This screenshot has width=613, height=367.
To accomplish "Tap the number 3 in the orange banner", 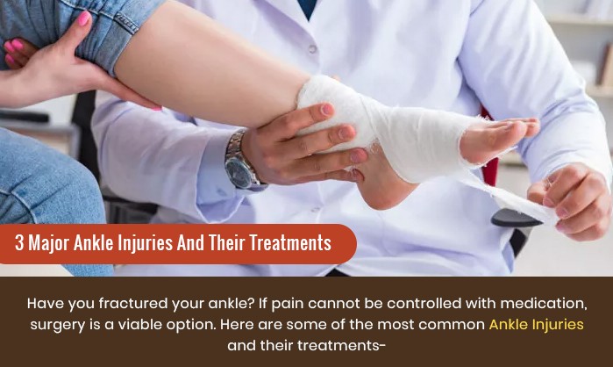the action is [x=19, y=242].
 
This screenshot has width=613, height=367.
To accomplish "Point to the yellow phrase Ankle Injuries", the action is [x=537, y=324].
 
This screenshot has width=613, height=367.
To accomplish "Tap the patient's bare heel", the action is [x=381, y=188].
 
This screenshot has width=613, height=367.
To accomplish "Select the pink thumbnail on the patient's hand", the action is [x=83, y=18].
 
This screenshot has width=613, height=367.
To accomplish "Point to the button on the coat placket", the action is [x=312, y=49].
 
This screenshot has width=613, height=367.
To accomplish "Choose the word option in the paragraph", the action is [x=191, y=325].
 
